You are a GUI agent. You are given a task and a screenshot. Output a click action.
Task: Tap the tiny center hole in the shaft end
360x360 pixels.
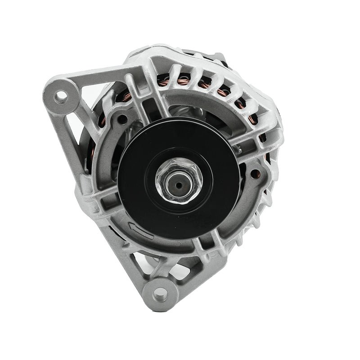pyautogui.click(x=179, y=184)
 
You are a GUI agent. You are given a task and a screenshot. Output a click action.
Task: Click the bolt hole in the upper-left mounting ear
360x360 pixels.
pyautogui.click(x=60, y=96)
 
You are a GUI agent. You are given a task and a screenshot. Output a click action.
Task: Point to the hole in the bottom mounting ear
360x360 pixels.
pyautogui.click(x=160, y=295)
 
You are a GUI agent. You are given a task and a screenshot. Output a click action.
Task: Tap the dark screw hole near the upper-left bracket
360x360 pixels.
pyautogui.click(x=121, y=119)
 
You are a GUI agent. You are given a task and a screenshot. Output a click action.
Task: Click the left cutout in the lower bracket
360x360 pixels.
pyautogui.click(x=143, y=263)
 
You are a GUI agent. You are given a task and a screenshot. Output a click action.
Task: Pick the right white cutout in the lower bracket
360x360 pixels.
pyautogui.click(x=180, y=270)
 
